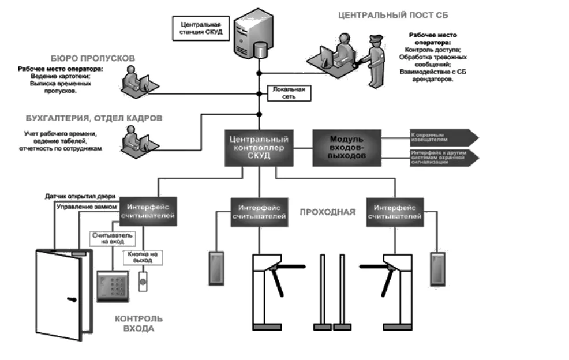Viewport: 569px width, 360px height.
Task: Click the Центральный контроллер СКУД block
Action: tap(259, 147)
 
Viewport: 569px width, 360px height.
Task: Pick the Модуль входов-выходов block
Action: tap(346, 147)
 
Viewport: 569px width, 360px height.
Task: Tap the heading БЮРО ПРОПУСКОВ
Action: tap(92, 59)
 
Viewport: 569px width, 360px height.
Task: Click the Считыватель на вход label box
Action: tap(112, 239)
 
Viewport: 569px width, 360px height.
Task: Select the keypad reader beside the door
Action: tap(112, 286)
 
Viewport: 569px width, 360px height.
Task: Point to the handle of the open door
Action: tap(71, 299)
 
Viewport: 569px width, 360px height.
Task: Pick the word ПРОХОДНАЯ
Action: tap(327, 212)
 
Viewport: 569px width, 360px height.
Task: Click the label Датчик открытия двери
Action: tap(81, 196)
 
